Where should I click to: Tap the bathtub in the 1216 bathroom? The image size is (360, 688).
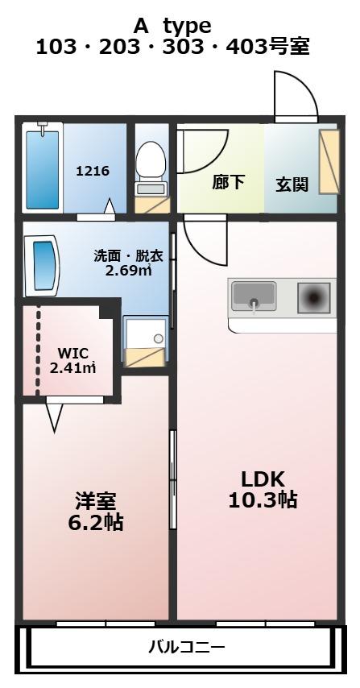(x=42, y=169)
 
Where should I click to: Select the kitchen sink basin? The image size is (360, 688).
(x=254, y=293)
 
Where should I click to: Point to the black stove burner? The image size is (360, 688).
(x=313, y=298)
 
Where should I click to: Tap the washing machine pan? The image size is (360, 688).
(x=146, y=332)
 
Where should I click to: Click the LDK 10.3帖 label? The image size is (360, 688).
(x=263, y=489)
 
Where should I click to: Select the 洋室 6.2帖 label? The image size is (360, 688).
(x=95, y=512)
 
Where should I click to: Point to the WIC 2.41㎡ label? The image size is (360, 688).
(x=72, y=360)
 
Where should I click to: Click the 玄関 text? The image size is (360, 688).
(x=292, y=184)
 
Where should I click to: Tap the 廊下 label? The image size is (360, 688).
(x=229, y=181)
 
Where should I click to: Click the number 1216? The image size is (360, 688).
(x=93, y=171)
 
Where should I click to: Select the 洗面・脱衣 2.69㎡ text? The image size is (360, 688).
(x=129, y=263)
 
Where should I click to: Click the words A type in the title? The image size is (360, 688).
(x=172, y=27)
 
